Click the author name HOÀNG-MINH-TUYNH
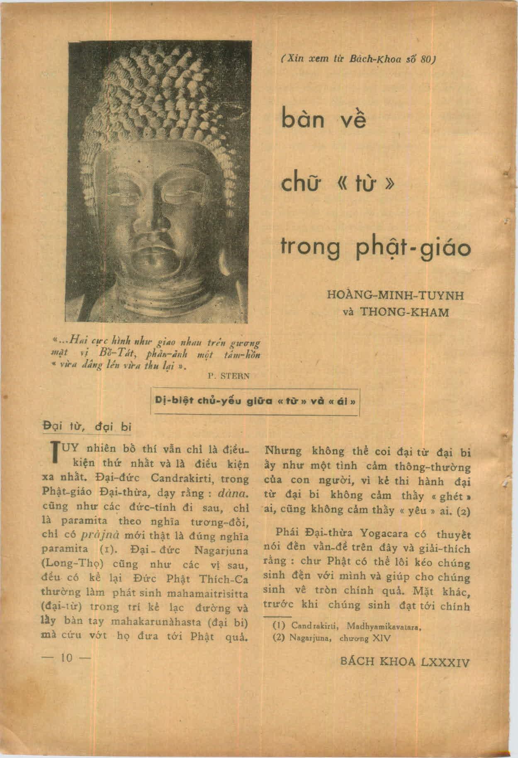pos(395,296)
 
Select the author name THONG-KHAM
pos(405,312)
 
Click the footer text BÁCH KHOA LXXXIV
pos(404,662)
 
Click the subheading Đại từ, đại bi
pos(87,427)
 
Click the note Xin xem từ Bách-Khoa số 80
pos(356,59)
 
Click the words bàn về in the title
pos(324,121)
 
